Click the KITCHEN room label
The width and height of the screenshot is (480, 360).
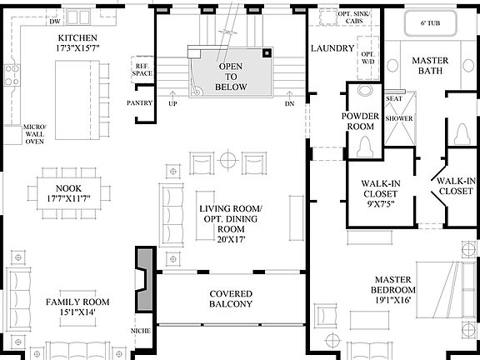pos(77,39)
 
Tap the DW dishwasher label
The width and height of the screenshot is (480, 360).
pos(33,12)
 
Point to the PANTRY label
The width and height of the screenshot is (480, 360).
pos(139,103)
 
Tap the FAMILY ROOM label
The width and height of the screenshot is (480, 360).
pos(77,302)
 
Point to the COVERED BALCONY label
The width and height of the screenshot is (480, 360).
pos(231,299)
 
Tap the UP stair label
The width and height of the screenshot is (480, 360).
pos(172,104)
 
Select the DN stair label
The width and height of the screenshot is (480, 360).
pos(289,104)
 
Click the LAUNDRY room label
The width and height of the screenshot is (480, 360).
pos(332,49)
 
